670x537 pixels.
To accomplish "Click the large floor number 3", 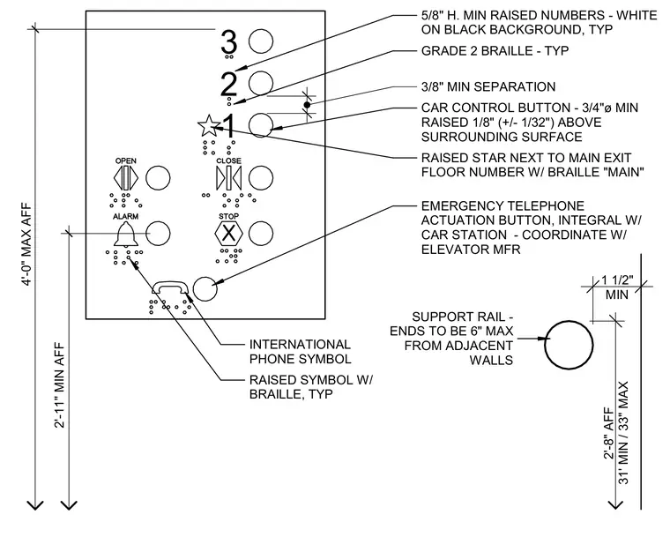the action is pyautogui.click(x=228, y=42).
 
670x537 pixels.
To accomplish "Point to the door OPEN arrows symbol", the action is pyautogui.click(x=125, y=178).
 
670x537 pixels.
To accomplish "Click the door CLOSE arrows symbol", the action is pyautogui.click(x=228, y=178).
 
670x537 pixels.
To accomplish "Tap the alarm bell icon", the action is pyautogui.click(x=125, y=235).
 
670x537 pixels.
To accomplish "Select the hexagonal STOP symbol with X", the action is pyautogui.click(x=228, y=234).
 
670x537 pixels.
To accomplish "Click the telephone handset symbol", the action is pyautogui.click(x=169, y=287).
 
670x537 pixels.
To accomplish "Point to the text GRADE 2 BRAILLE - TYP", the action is pyautogui.click(x=495, y=51).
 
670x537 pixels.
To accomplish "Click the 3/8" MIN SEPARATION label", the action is pyautogui.click(x=488, y=86).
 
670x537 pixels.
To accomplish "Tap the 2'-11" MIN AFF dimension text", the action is pyautogui.click(x=60, y=385).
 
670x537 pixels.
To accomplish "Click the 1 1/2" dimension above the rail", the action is pyautogui.click(x=617, y=280).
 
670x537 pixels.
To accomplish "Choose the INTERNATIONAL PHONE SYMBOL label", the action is pyautogui.click(x=301, y=352).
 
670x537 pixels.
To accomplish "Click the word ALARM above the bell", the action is pyautogui.click(x=125, y=217).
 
